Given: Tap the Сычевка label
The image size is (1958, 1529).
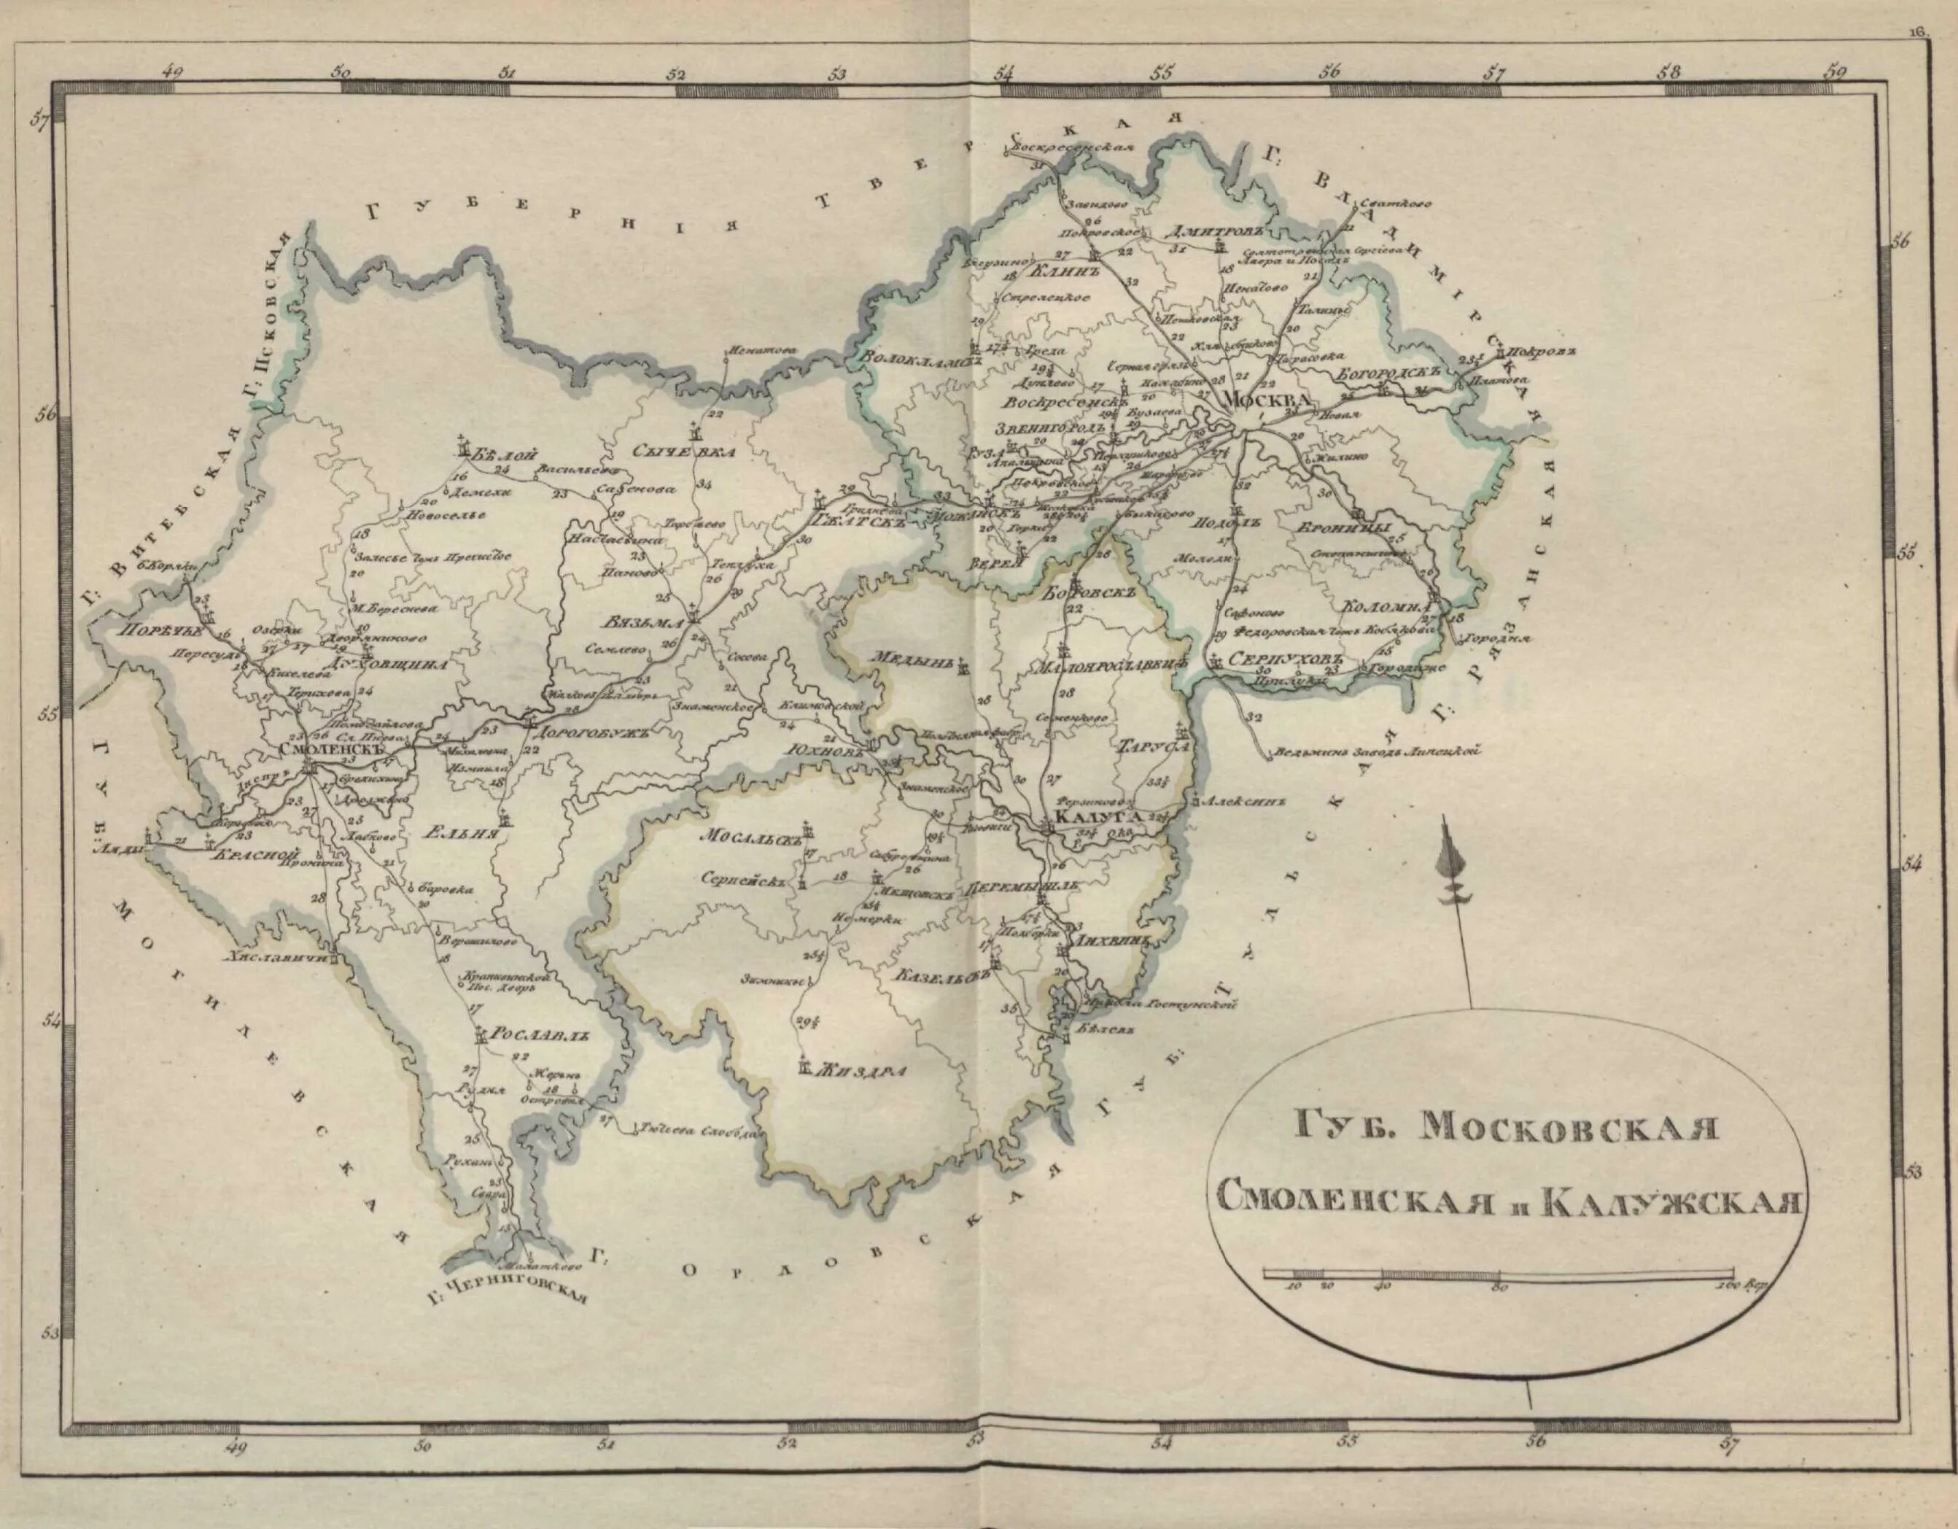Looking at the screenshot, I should [x=684, y=452].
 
